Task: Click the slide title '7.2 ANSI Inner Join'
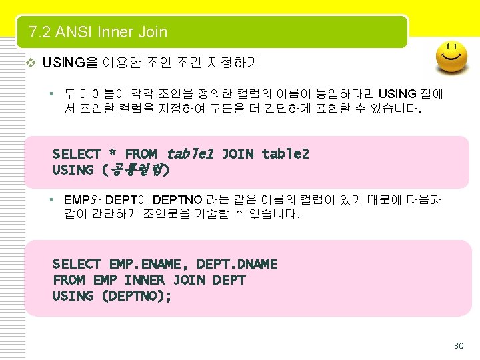pyautogui.click(x=98, y=32)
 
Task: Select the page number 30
pyautogui.click(x=458, y=345)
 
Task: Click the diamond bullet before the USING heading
pyautogui.click(x=29, y=63)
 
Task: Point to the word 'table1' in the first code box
pyautogui.click(x=190, y=154)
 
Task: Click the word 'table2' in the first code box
pyautogui.click(x=285, y=154)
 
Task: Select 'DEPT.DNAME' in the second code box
pyautogui.click(x=237, y=264)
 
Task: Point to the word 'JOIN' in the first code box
pyautogui.click(x=237, y=154)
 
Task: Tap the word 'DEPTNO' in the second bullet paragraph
pyautogui.click(x=179, y=200)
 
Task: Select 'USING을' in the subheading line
pyautogui.click(x=69, y=63)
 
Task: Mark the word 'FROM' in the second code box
pyautogui.click(x=69, y=280)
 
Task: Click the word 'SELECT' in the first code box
pyautogui.click(x=77, y=154)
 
